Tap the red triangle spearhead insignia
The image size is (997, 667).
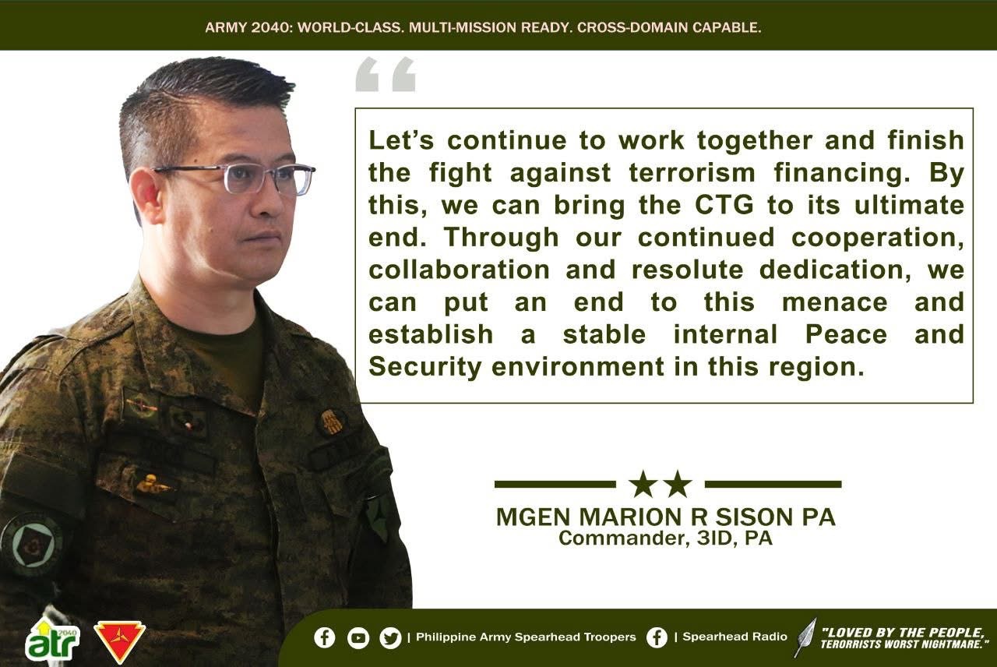(x=119, y=640)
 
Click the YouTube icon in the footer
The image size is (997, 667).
(x=358, y=638)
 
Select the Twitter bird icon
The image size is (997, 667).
(x=390, y=638)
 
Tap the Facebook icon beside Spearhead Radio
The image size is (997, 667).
(x=657, y=637)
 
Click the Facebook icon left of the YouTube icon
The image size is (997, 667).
(x=325, y=638)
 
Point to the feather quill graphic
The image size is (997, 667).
(x=805, y=637)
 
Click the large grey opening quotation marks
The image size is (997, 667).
(x=386, y=74)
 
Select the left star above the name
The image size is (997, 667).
(x=644, y=484)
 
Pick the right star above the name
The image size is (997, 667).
(x=678, y=484)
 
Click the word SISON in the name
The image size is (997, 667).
(x=756, y=517)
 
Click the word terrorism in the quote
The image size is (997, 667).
(x=692, y=173)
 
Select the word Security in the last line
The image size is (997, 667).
(x=425, y=368)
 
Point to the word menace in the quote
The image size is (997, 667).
(x=834, y=302)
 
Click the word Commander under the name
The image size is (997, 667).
(x=621, y=538)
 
